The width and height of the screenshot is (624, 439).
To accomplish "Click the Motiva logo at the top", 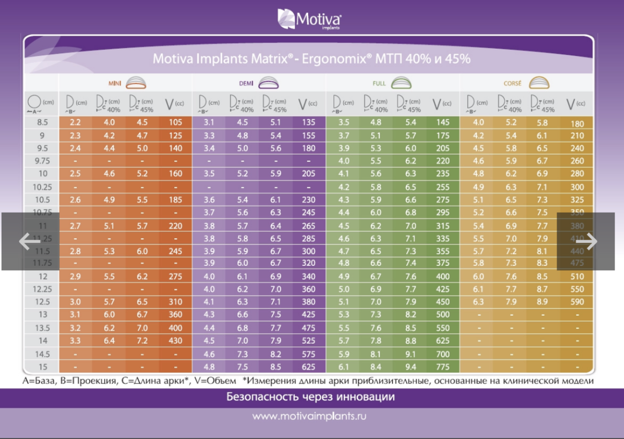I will pos(310,19).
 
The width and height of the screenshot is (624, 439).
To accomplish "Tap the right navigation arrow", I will pos(587,241).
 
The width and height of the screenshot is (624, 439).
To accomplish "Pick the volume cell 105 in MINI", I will pos(175,122).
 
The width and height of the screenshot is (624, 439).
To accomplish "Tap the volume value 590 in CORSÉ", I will pos(577,302).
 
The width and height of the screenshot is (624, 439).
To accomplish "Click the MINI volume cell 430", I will pos(175,341).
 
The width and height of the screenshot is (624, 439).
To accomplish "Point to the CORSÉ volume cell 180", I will pos(577,123).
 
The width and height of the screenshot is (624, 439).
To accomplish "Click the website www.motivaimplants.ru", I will pos(309,417).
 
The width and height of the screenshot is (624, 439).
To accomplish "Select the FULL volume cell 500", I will pos(443,315).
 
